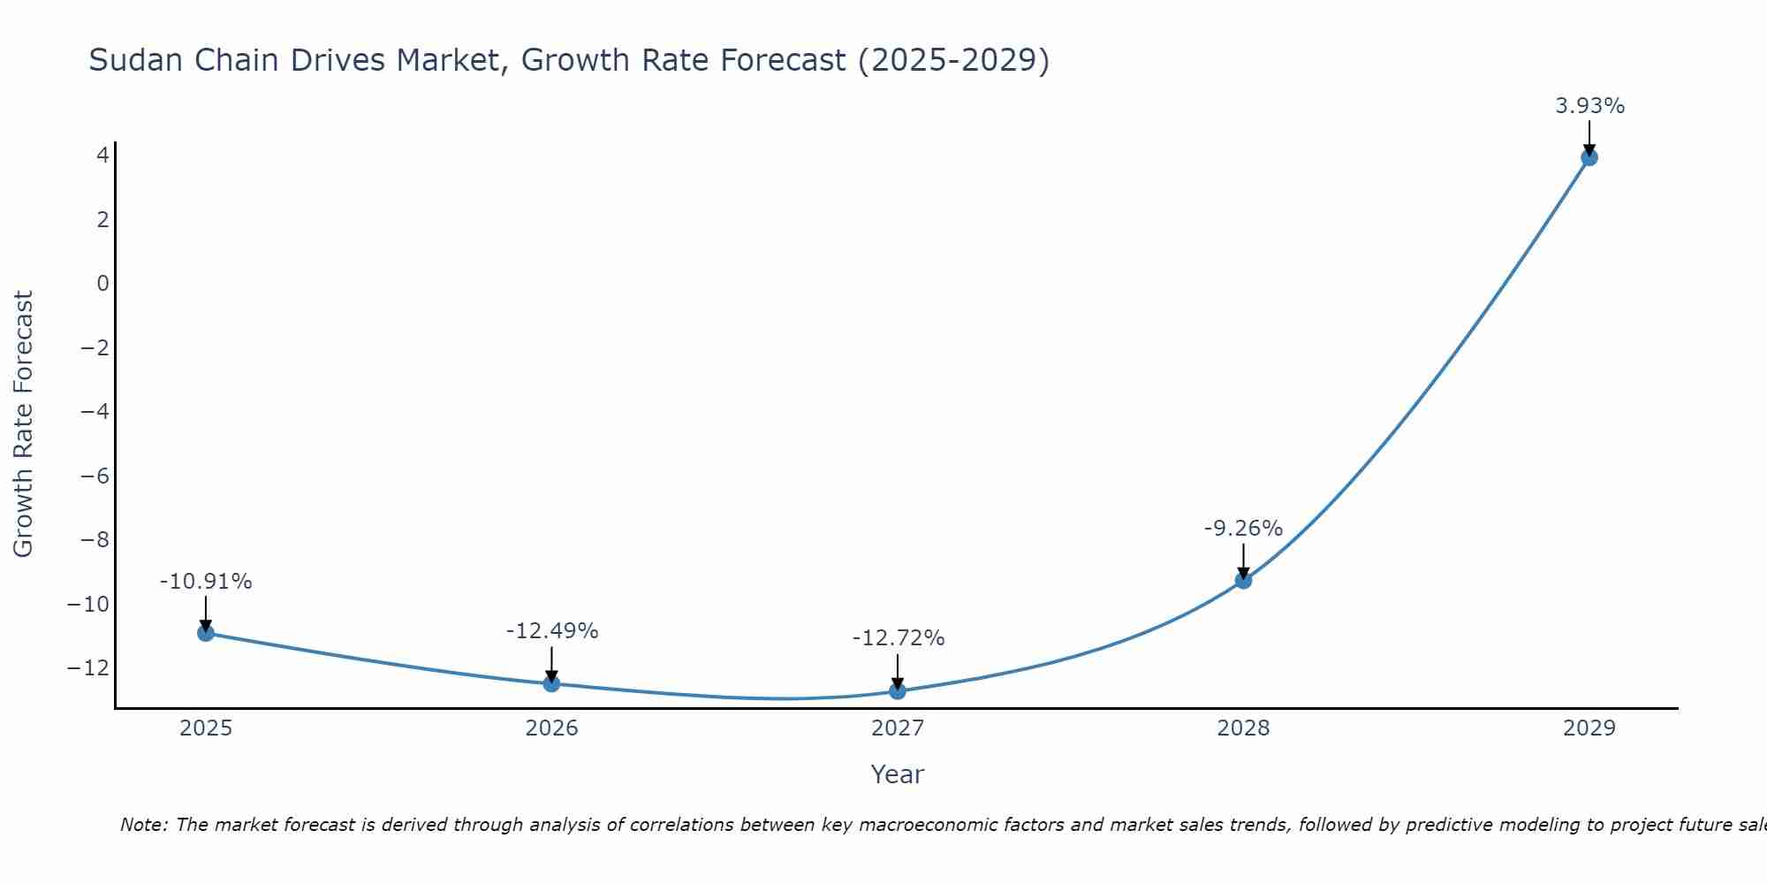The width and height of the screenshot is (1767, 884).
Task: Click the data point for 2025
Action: [x=206, y=633]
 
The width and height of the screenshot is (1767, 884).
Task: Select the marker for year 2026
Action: [x=551, y=683]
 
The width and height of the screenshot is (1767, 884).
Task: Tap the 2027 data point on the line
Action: [x=898, y=690]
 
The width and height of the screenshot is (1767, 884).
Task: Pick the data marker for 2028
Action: [x=1243, y=580]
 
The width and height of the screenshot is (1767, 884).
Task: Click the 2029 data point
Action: [x=1589, y=157]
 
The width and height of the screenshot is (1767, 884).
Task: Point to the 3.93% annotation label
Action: [x=1589, y=106]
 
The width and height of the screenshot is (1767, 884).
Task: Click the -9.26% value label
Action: [x=1242, y=529]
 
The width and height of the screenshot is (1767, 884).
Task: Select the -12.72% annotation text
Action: [x=898, y=638]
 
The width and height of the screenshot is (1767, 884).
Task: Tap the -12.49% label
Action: [x=551, y=631]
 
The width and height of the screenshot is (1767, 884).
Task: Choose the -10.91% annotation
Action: [x=206, y=582]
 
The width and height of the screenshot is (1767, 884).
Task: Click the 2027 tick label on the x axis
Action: [x=898, y=728]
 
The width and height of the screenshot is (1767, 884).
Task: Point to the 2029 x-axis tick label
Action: [x=1589, y=728]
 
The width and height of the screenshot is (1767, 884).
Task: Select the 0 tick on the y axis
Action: [x=103, y=284]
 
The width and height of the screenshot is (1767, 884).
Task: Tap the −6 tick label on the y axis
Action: [x=95, y=476]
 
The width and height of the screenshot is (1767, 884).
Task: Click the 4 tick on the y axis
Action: [x=103, y=156]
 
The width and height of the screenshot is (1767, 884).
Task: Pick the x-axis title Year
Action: [x=897, y=774]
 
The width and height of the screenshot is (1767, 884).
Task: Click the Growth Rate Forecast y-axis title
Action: [x=23, y=423]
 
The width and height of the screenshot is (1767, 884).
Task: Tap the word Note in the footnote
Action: [x=142, y=825]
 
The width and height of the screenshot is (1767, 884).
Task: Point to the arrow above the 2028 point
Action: [x=1243, y=560]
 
